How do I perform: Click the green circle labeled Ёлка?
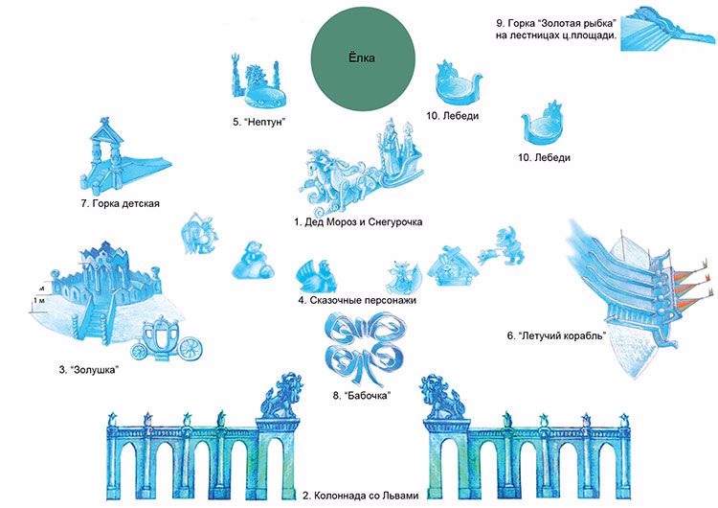coord(363,58)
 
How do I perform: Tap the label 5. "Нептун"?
coord(259,122)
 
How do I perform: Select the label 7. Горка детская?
coord(121,203)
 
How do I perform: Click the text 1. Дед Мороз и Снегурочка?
coord(358,222)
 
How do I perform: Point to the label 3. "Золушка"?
coord(88,370)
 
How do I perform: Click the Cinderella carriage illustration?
coord(166,339)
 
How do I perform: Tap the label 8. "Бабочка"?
coord(362,395)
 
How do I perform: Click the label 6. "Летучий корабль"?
coord(556,335)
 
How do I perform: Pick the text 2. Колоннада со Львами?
coord(361,496)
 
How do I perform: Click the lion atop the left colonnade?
coord(280,396)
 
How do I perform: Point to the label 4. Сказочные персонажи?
coord(357,300)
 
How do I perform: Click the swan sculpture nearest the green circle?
coord(458,84)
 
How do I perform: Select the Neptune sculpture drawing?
coord(258,81)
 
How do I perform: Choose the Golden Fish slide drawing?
coord(666,29)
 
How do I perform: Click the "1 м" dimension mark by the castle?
coord(39,300)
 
